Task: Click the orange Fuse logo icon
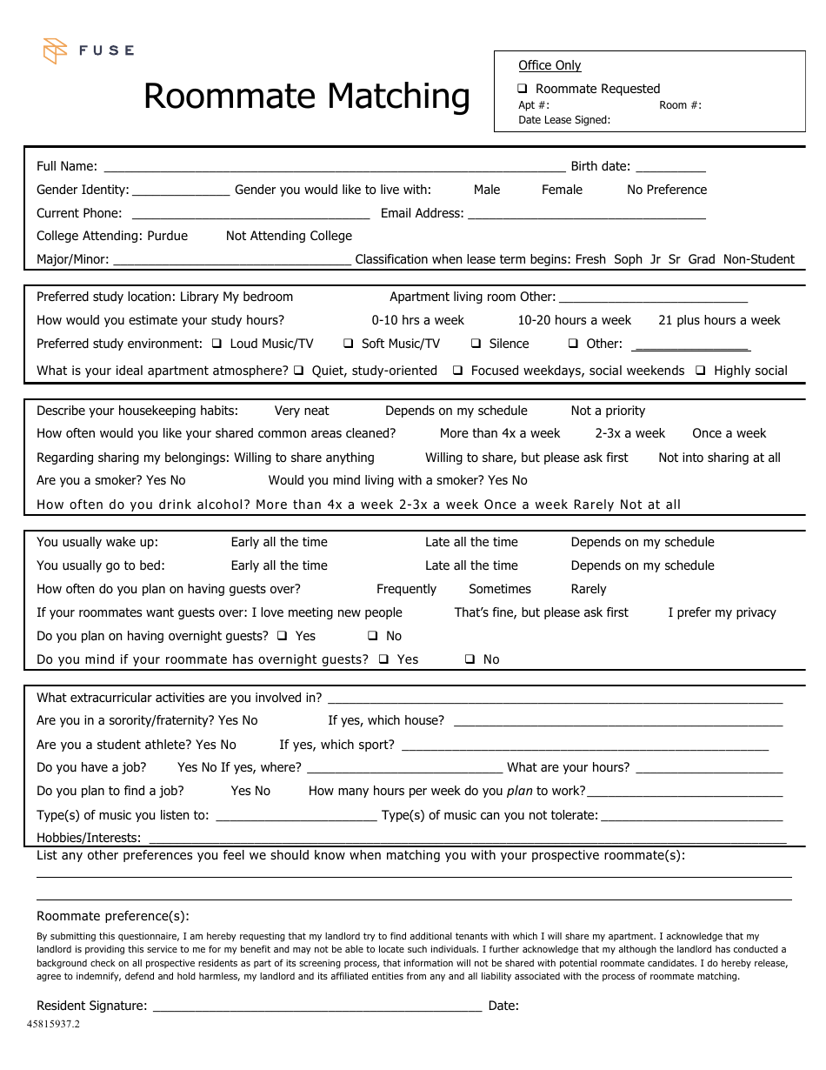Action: tap(55, 50)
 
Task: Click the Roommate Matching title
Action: tap(306, 96)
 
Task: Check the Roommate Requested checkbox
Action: tap(523, 89)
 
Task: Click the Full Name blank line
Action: tap(334, 166)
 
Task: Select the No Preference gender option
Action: tap(666, 190)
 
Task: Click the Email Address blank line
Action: tap(586, 213)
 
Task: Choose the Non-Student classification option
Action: tap(758, 259)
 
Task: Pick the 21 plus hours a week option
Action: tap(719, 320)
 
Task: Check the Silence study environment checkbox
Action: tap(476, 344)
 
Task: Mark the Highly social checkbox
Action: tap(701, 371)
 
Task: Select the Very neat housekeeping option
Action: tap(302, 411)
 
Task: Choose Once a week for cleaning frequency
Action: tap(729, 433)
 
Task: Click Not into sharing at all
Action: tap(719, 458)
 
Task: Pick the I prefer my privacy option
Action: tap(722, 612)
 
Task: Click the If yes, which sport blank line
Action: tap(584, 745)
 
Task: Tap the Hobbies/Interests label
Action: tap(89, 838)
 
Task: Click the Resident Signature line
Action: tap(316, 1006)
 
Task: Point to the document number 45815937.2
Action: tap(53, 1024)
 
